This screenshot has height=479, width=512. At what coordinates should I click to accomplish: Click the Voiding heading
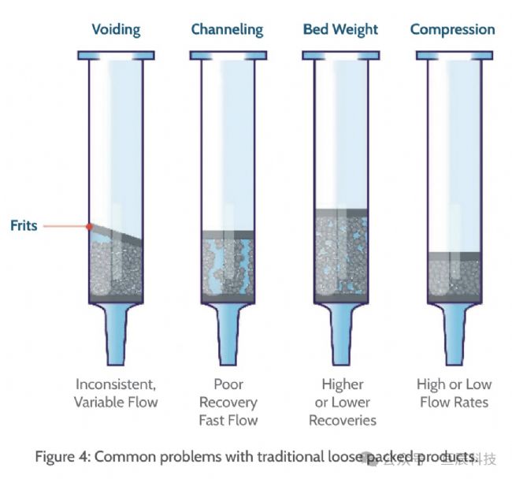coord(116,30)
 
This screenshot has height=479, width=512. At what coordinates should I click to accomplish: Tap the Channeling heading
coord(227,30)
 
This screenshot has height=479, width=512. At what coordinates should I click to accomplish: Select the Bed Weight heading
coord(340,30)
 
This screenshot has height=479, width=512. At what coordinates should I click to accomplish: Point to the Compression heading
coord(452,30)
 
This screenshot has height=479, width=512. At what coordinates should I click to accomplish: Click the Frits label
coord(24,225)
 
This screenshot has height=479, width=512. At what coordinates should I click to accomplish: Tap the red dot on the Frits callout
coord(90,226)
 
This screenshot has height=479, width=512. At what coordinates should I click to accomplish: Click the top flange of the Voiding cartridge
coord(116,55)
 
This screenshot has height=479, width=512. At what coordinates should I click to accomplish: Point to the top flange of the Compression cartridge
coord(453,55)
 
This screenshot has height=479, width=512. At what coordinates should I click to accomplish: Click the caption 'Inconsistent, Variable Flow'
coord(116,393)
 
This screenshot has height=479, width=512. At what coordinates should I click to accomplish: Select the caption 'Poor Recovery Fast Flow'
coord(228,402)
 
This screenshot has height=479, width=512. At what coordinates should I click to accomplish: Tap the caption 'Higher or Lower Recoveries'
coord(342,402)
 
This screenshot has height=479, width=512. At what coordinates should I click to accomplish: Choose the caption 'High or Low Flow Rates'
coord(453,393)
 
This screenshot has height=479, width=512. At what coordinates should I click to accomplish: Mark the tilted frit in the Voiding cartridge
coord(116,234)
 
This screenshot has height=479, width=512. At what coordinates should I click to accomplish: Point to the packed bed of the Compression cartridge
coord(453,277)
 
